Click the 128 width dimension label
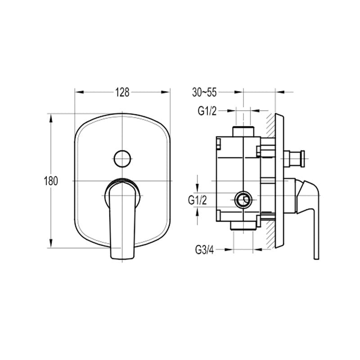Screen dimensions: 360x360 [x=122, y=92]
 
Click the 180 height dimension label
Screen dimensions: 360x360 [x=51, y=181]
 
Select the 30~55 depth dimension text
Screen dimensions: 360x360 [x=204, y=92]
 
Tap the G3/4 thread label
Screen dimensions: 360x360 [x=205, y=250]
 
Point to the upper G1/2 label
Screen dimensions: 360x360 [x=207, y=111]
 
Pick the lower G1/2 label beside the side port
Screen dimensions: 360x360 [x=198, y=200]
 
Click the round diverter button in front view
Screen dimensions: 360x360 [x=122, y=159]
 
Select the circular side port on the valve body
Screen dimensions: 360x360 [x=243, y=200]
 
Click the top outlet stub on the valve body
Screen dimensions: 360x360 [x=243, y=131]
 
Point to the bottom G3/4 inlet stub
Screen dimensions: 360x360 [x=243, y=225]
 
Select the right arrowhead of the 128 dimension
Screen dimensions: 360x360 [x=166, y=92]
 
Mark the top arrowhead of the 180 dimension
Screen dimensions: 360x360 [x=51, y=118]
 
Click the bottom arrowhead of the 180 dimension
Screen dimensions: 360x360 [x=51, y=243]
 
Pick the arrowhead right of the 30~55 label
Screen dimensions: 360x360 [x=238, y=92]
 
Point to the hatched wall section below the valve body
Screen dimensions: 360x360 [x=271, y=234]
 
